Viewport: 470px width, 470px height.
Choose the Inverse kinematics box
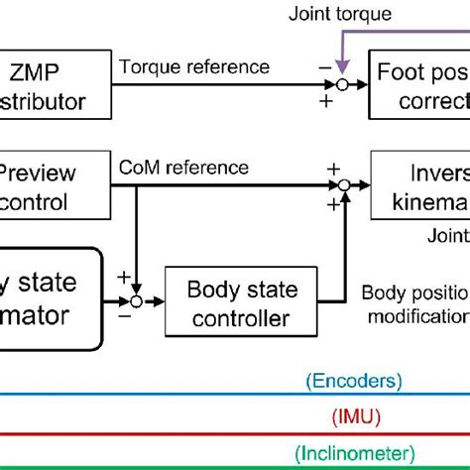point(421,185)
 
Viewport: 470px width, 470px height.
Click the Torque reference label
point(194,67)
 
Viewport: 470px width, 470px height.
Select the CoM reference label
point(184,168)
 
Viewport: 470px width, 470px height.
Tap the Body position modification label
point(414,304)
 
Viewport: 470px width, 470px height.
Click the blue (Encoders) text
point(354,380)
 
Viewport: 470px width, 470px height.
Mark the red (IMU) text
point(354,416)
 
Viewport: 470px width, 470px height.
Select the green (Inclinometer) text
point(354,450)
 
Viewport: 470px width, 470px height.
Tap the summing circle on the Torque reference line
point(340,85)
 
